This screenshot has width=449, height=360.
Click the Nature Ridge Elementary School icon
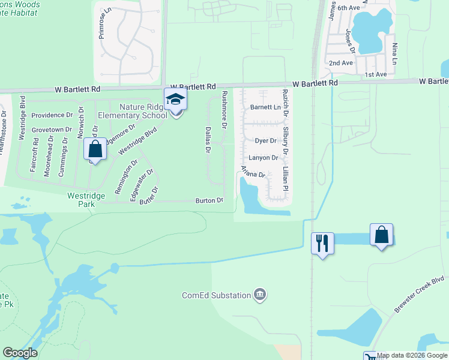[x=176, y=99]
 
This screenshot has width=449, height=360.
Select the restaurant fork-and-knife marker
[x=322, y=243]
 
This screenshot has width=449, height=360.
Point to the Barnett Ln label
[x=265, y=107]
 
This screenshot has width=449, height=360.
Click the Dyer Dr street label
[x=265, y=140]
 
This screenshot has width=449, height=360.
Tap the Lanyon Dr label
[x=264, y=158]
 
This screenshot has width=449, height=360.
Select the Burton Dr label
[x=209, y=200]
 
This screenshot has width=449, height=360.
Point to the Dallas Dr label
[x=208, y=138]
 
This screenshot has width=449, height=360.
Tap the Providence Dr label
[x=52, y=115]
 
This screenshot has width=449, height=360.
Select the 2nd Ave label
[x=340, y=63]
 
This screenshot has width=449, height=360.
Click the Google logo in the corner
[x=20, y=353]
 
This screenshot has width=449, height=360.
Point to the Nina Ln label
[x=394, y=53]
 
